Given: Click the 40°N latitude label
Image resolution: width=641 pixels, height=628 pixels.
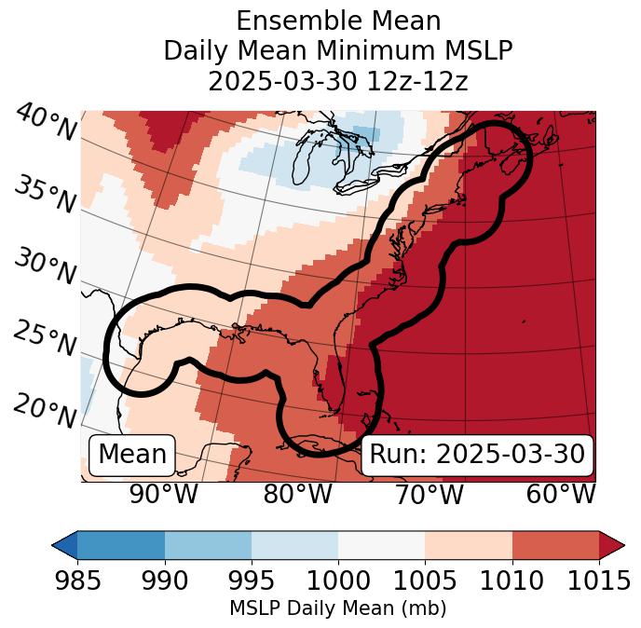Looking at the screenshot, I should pyautogui.click(x=46, y=122).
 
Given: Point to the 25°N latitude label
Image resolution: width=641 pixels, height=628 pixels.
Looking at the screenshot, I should pyautogui.click(x=46, y=338).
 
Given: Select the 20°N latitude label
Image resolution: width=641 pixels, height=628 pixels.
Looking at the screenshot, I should pyautogui.click(x=46, y=409).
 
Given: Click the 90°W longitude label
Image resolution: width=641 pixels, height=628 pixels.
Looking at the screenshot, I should pyautogui.click(x=163, y=495).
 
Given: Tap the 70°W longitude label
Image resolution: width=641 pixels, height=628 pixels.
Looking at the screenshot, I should pyautogui.click(x=430, y=495).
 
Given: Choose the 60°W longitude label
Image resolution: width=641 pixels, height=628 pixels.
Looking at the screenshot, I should pyautogui.click(x=561, y=495).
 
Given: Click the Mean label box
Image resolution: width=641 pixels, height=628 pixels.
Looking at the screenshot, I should pyautogui.click(x=132, y=455).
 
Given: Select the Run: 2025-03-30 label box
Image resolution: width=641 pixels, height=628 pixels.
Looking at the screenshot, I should pyautogui.click(x=477, y=455).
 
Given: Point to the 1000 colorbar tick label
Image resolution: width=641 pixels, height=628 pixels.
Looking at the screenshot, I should pyautogui.click(x=338, y=580).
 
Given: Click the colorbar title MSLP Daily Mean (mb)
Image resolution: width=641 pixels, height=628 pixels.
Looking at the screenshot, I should pyautogui.click(x=338, y=608).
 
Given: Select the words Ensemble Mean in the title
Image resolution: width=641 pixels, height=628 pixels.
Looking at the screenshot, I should pyautogui.click(x=338, y=20).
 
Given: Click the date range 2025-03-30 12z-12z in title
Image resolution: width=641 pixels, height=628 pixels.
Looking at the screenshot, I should pyautogui.click(x=338, y=81).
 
